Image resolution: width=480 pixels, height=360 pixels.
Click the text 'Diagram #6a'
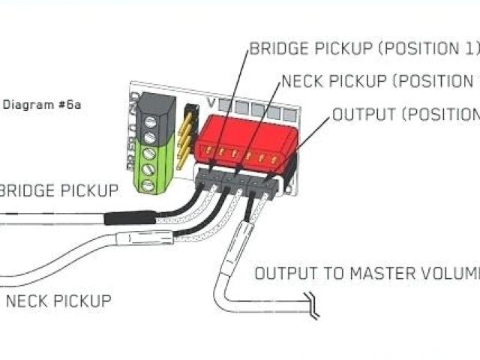[x=42, y=104]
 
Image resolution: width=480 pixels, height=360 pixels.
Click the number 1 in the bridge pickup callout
[x=470, y=49]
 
